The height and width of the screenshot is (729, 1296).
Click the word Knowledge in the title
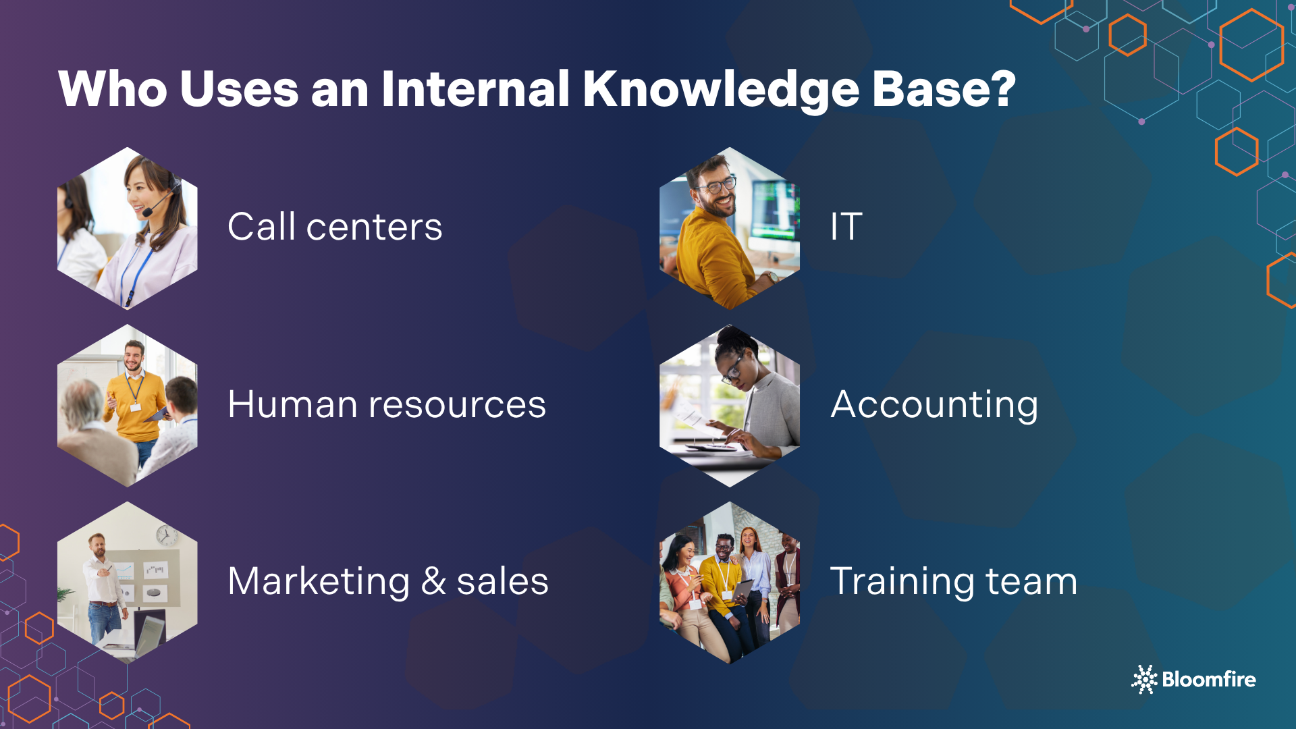(720, 89)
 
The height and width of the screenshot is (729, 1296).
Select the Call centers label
(335, 227)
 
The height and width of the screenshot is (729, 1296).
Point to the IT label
(846, 227)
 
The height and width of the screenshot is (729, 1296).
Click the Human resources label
(387, 404)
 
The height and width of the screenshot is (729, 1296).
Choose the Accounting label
(934, 405)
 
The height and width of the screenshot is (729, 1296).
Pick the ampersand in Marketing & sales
(433, 581)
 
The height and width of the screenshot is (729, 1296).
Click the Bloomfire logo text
(1208, 679)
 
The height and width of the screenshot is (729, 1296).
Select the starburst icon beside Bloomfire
(1145, 679)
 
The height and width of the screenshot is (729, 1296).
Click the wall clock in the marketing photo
(166, 535)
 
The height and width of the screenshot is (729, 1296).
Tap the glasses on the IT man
(718, 184)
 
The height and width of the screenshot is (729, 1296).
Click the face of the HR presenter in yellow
(134, 356)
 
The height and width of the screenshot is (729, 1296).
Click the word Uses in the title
(239, 89)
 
